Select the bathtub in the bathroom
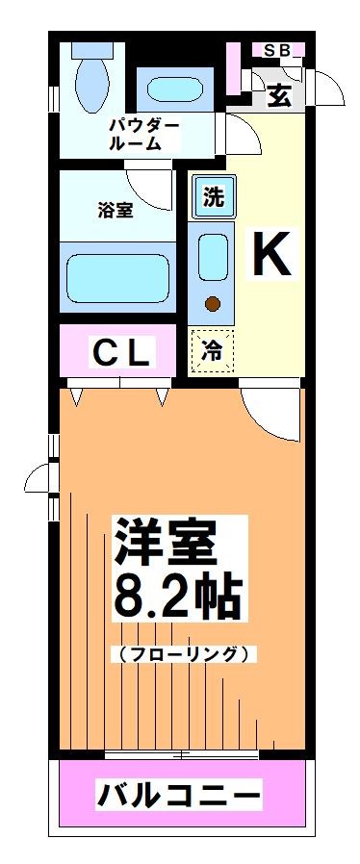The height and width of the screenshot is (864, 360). pyautogui.click(x=117, y=276)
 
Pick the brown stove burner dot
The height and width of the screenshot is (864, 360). pyautogui.click(x=212, y=305)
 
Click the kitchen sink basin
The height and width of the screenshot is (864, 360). pyautogui.click(x=212, y=257)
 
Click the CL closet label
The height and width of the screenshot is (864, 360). pyautogui.click(x=120, y=354)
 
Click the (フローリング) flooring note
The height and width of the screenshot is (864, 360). pyautogui.click(x=185, y=654)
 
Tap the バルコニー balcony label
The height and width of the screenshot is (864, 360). pyautogui.click(x=178, y=795)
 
